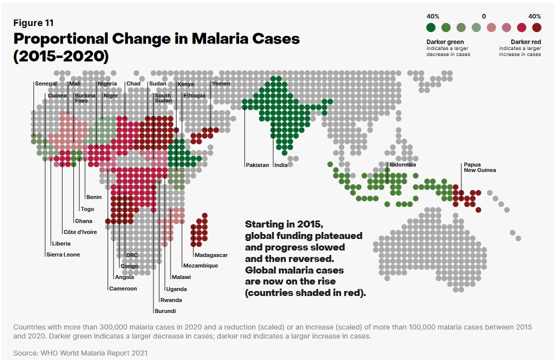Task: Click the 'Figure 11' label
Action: tap(33, 22)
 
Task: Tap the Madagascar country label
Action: tap(211, 255)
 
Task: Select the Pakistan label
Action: tap(257, 165)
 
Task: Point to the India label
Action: tap(281, 165)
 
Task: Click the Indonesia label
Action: tap(402, 164)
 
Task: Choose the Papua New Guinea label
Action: tap(479, 167)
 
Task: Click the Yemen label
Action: tap(221, 83)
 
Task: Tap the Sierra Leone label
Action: tap(62, 254)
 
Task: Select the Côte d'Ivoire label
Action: tap(80, 232)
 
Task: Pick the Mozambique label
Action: tap(200, 265)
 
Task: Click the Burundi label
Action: tap(164, 311)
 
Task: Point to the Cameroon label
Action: tap(122, 288)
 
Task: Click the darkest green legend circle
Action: tap(431, 27)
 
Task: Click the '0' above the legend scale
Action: tap(483, 16)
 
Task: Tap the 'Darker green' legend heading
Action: tap(445, 41)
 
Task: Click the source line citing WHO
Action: tap(80, 353)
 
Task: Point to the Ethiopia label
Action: tap(194, 95)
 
